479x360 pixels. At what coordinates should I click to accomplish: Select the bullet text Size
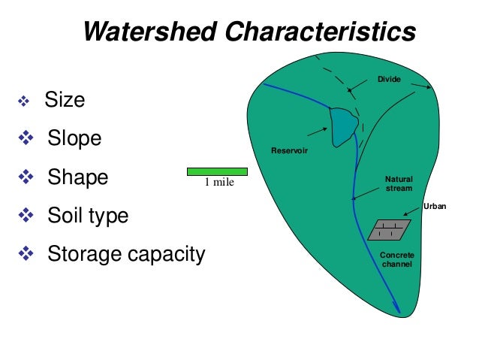coord(65,100)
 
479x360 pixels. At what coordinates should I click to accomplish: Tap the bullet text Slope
coord(74,139)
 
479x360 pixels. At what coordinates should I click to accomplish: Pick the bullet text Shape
coord(78,177)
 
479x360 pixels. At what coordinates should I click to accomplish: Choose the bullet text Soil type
coord(88,216)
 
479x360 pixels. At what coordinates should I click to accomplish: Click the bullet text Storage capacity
coord(126,255)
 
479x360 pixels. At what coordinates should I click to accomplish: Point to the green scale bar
coord(217,171)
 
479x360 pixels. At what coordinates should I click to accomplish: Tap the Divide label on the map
coord(389,79)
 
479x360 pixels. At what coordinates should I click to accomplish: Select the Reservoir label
coord(289,153)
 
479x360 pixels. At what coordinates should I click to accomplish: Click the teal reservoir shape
coord(344,125)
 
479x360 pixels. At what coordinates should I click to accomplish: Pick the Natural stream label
coord(399,183)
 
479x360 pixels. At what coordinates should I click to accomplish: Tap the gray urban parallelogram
coord(389,229)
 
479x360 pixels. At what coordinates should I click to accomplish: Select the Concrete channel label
coord(396,260)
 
